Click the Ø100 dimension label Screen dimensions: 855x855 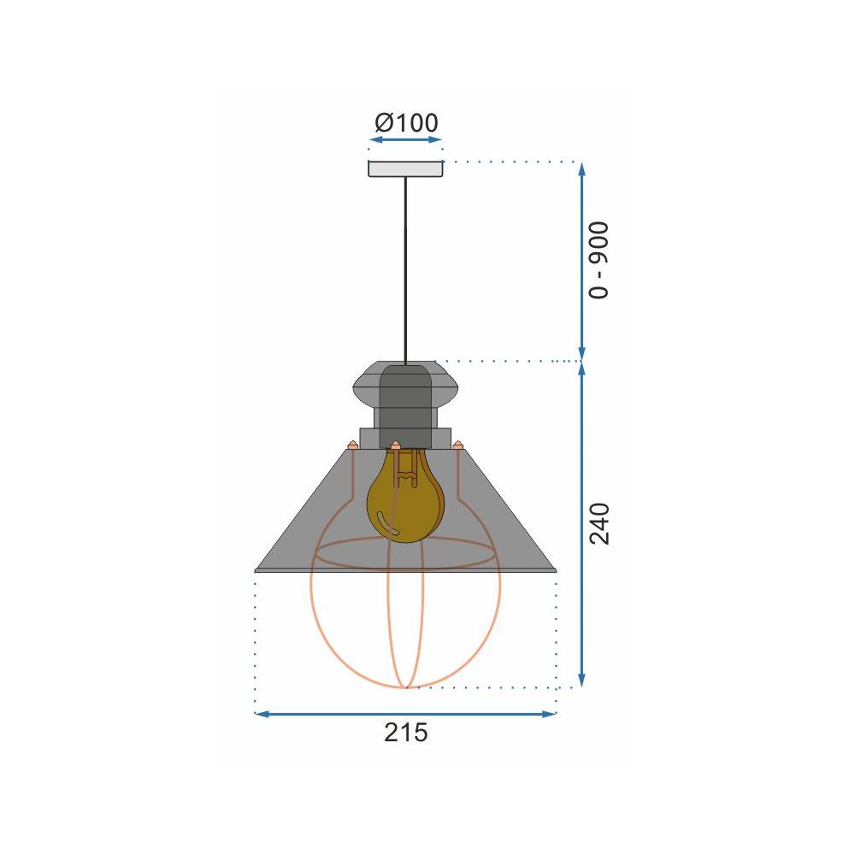pyautogui.click(x=406, y=122)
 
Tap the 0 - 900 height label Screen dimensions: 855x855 pyautogui.click(x=600, y=260)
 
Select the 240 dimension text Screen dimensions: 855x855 pyautogui.click(x=600, y=524)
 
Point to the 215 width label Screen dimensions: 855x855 pyautogui.click(x=405, y=733)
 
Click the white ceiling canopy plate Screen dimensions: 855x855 pyautogui.click(x=405, y=168)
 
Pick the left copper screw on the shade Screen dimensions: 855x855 pyautogui.click(x=352, y=444)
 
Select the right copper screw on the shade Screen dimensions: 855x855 pyautogui.click(x=458, y=444)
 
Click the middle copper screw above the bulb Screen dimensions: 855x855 pyautogui.click(x=395, y=445)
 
